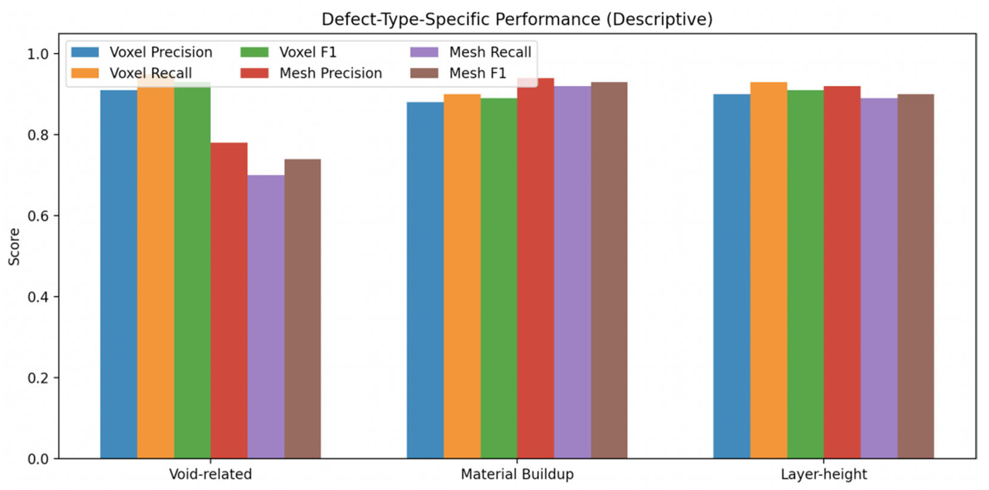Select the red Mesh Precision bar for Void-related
229,301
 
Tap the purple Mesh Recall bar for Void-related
266,317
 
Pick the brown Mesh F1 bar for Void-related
303,309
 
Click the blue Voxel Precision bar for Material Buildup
425,280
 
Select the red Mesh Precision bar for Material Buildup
535,268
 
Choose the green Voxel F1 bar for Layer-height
805,274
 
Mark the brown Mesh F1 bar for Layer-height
916,276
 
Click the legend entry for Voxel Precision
142,52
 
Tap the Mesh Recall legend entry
471,52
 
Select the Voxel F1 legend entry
288,52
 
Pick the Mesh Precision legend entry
311,73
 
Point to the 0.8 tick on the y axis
56,135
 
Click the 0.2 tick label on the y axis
38,378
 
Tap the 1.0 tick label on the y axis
38,54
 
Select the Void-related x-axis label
210,474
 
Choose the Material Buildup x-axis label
517,475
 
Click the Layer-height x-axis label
824,475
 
